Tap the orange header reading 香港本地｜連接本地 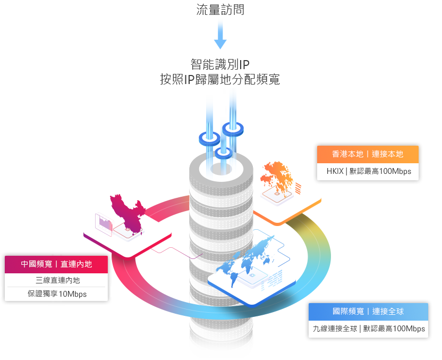click(x=368, y=154)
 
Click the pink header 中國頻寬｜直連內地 click(x=56, y=264)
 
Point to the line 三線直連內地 click(x=57, y=280)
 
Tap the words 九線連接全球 click(x=335, y=329)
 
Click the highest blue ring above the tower click(x=233, y=128)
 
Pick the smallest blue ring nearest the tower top click(x=223, y=153)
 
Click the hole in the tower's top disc click(x=220, y=169)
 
